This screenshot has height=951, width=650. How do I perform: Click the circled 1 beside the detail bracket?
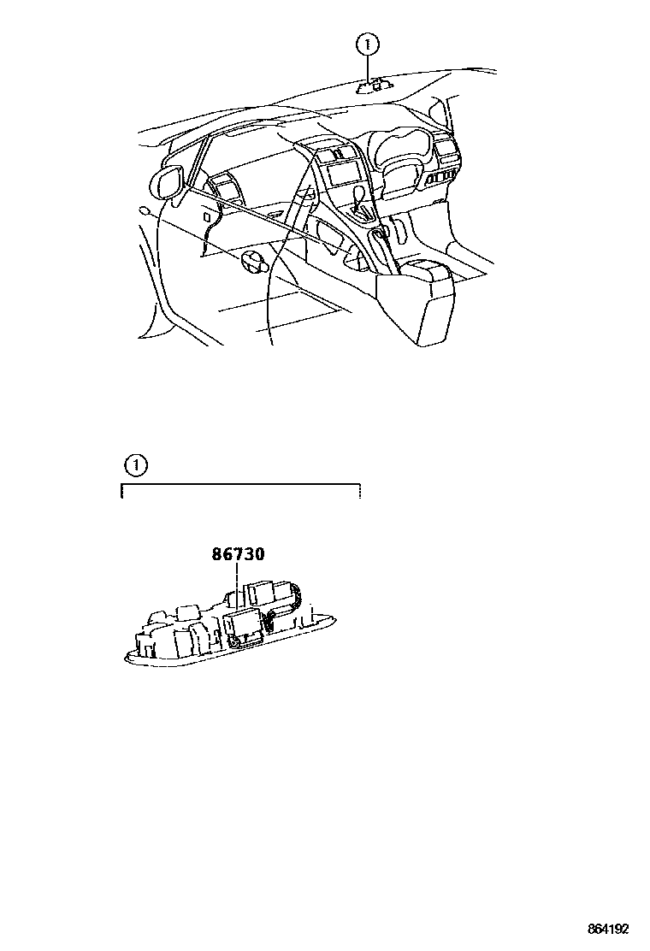135,466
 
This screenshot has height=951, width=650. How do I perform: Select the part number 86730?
238,554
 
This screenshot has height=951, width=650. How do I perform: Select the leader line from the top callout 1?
368,67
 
